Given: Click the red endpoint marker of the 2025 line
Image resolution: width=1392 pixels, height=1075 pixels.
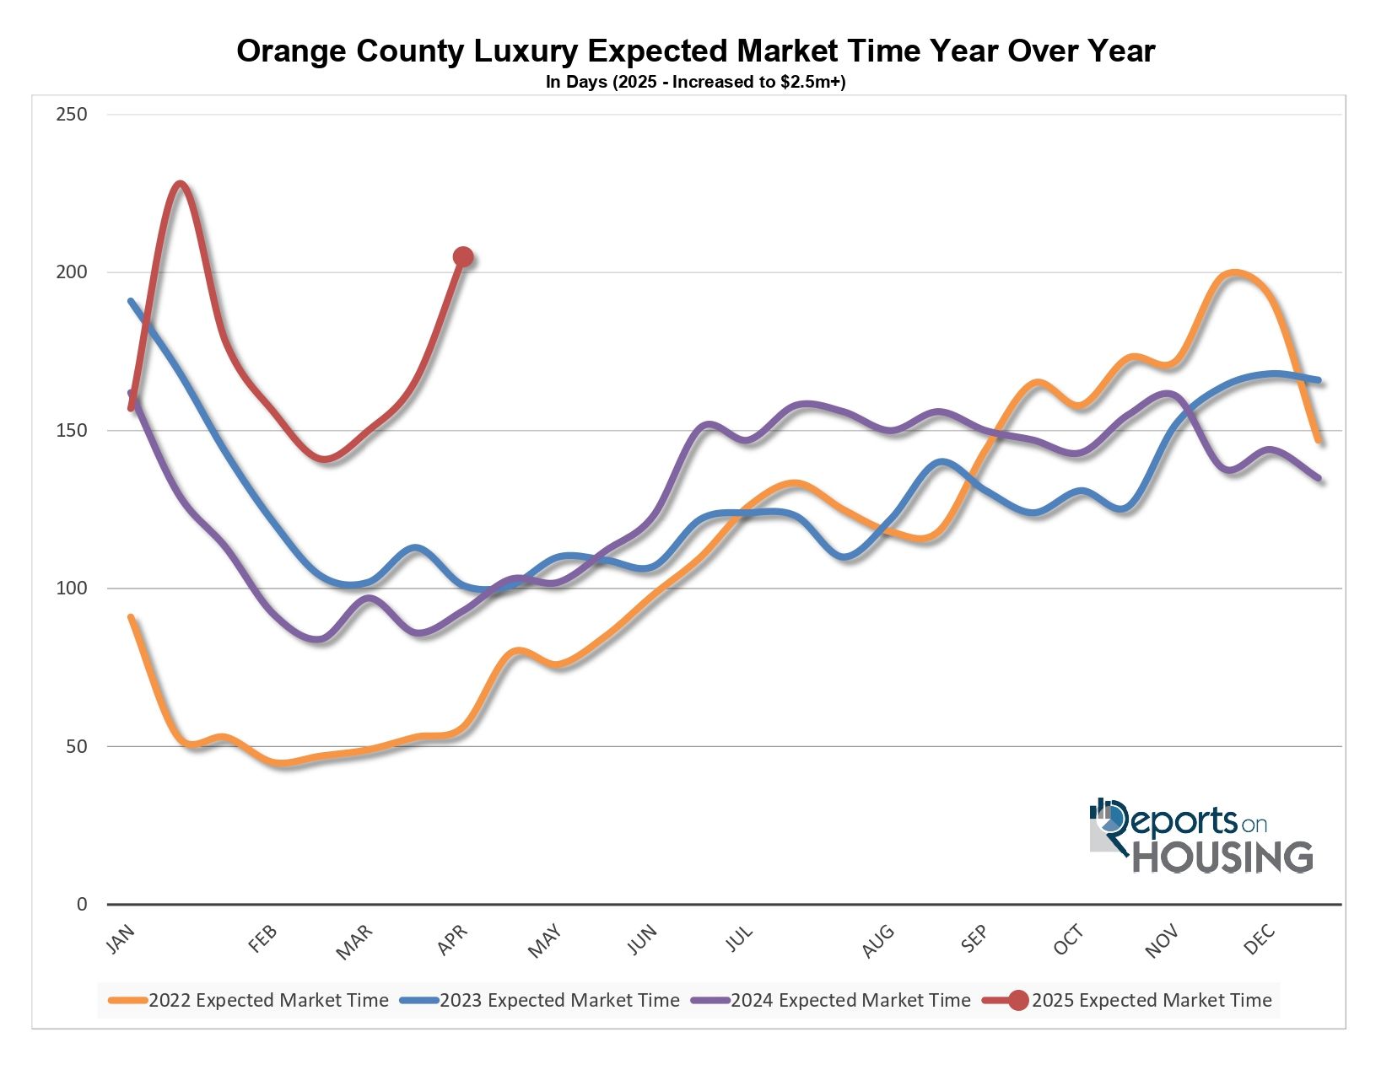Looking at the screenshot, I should click(x=462, y=257).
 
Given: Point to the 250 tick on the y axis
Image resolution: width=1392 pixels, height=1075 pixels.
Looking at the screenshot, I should click(x=72, y=115).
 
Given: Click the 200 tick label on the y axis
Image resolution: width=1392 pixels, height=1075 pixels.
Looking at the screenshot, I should click(x=72, y=272).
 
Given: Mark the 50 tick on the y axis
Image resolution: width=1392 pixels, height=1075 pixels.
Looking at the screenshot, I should click(x=76, y=747).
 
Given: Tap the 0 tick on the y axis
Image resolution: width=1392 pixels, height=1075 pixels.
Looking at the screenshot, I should click(x=82, y=905).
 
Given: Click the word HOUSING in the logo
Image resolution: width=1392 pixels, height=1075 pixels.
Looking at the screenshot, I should click(x=1222, y=857).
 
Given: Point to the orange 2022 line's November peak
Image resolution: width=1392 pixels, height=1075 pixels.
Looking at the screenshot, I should click(x=1234, y=272).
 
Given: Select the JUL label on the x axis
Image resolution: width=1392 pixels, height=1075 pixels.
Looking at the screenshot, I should click(x=740, y=939).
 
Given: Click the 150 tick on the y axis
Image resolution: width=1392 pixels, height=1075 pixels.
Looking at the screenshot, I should click(x=72, y=431).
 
